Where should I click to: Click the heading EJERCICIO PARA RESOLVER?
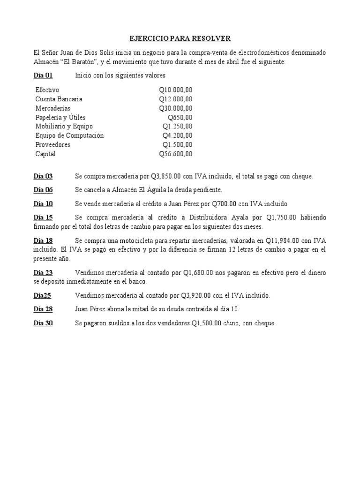tap(180, 38)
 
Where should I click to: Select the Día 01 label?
tap(43, 75)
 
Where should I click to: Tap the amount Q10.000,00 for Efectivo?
tap(175, 90)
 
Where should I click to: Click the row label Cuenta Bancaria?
tap(59, 99)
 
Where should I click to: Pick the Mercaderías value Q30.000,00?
tap(175, 108)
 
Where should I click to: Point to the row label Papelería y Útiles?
tap(60, 117)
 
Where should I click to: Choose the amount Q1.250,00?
tap(177, 127)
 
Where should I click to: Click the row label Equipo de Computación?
tap(69, 135)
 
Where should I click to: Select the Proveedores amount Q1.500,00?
tap(177, 145)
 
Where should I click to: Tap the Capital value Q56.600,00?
tap(175, 154)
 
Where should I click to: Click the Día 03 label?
tap(43, 176)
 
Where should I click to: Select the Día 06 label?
tap(43, 190)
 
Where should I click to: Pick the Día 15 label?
tap(43, 218)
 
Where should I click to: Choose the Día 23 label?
tap(43, 272)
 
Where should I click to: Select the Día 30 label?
tap(43, 323)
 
